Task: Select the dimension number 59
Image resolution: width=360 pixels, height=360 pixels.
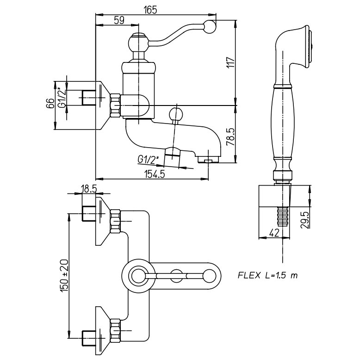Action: (x=118, y=21)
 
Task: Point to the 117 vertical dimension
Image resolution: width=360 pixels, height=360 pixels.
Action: (x=232, y=63)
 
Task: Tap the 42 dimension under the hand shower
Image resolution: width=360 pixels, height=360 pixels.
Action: (x=274, y=232)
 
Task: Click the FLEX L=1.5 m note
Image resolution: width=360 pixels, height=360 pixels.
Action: (x=267, y=275)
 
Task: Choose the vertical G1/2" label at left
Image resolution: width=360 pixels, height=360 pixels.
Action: (x=61, y=98)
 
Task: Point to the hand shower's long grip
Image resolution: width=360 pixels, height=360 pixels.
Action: (x=282, y=123)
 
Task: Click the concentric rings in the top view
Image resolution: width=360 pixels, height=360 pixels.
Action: (x=137, y=276)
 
